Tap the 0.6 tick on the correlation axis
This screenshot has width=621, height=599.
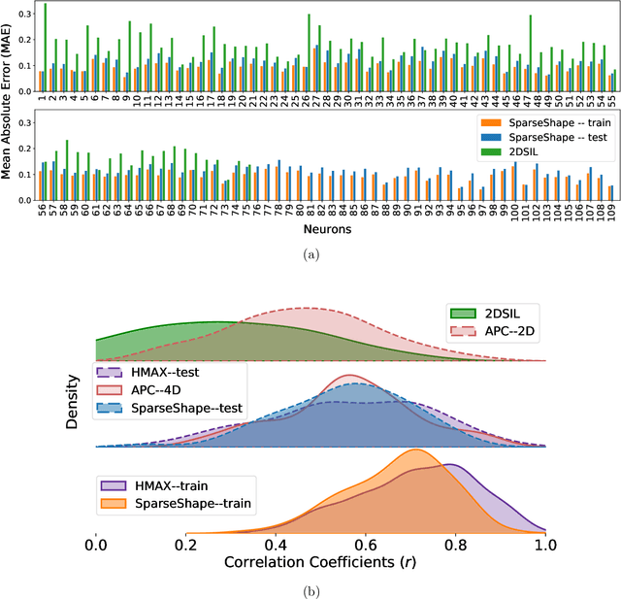[367, 546]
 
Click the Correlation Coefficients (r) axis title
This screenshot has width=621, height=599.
[321, 563]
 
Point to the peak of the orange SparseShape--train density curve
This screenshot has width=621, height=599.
[415, 450]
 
